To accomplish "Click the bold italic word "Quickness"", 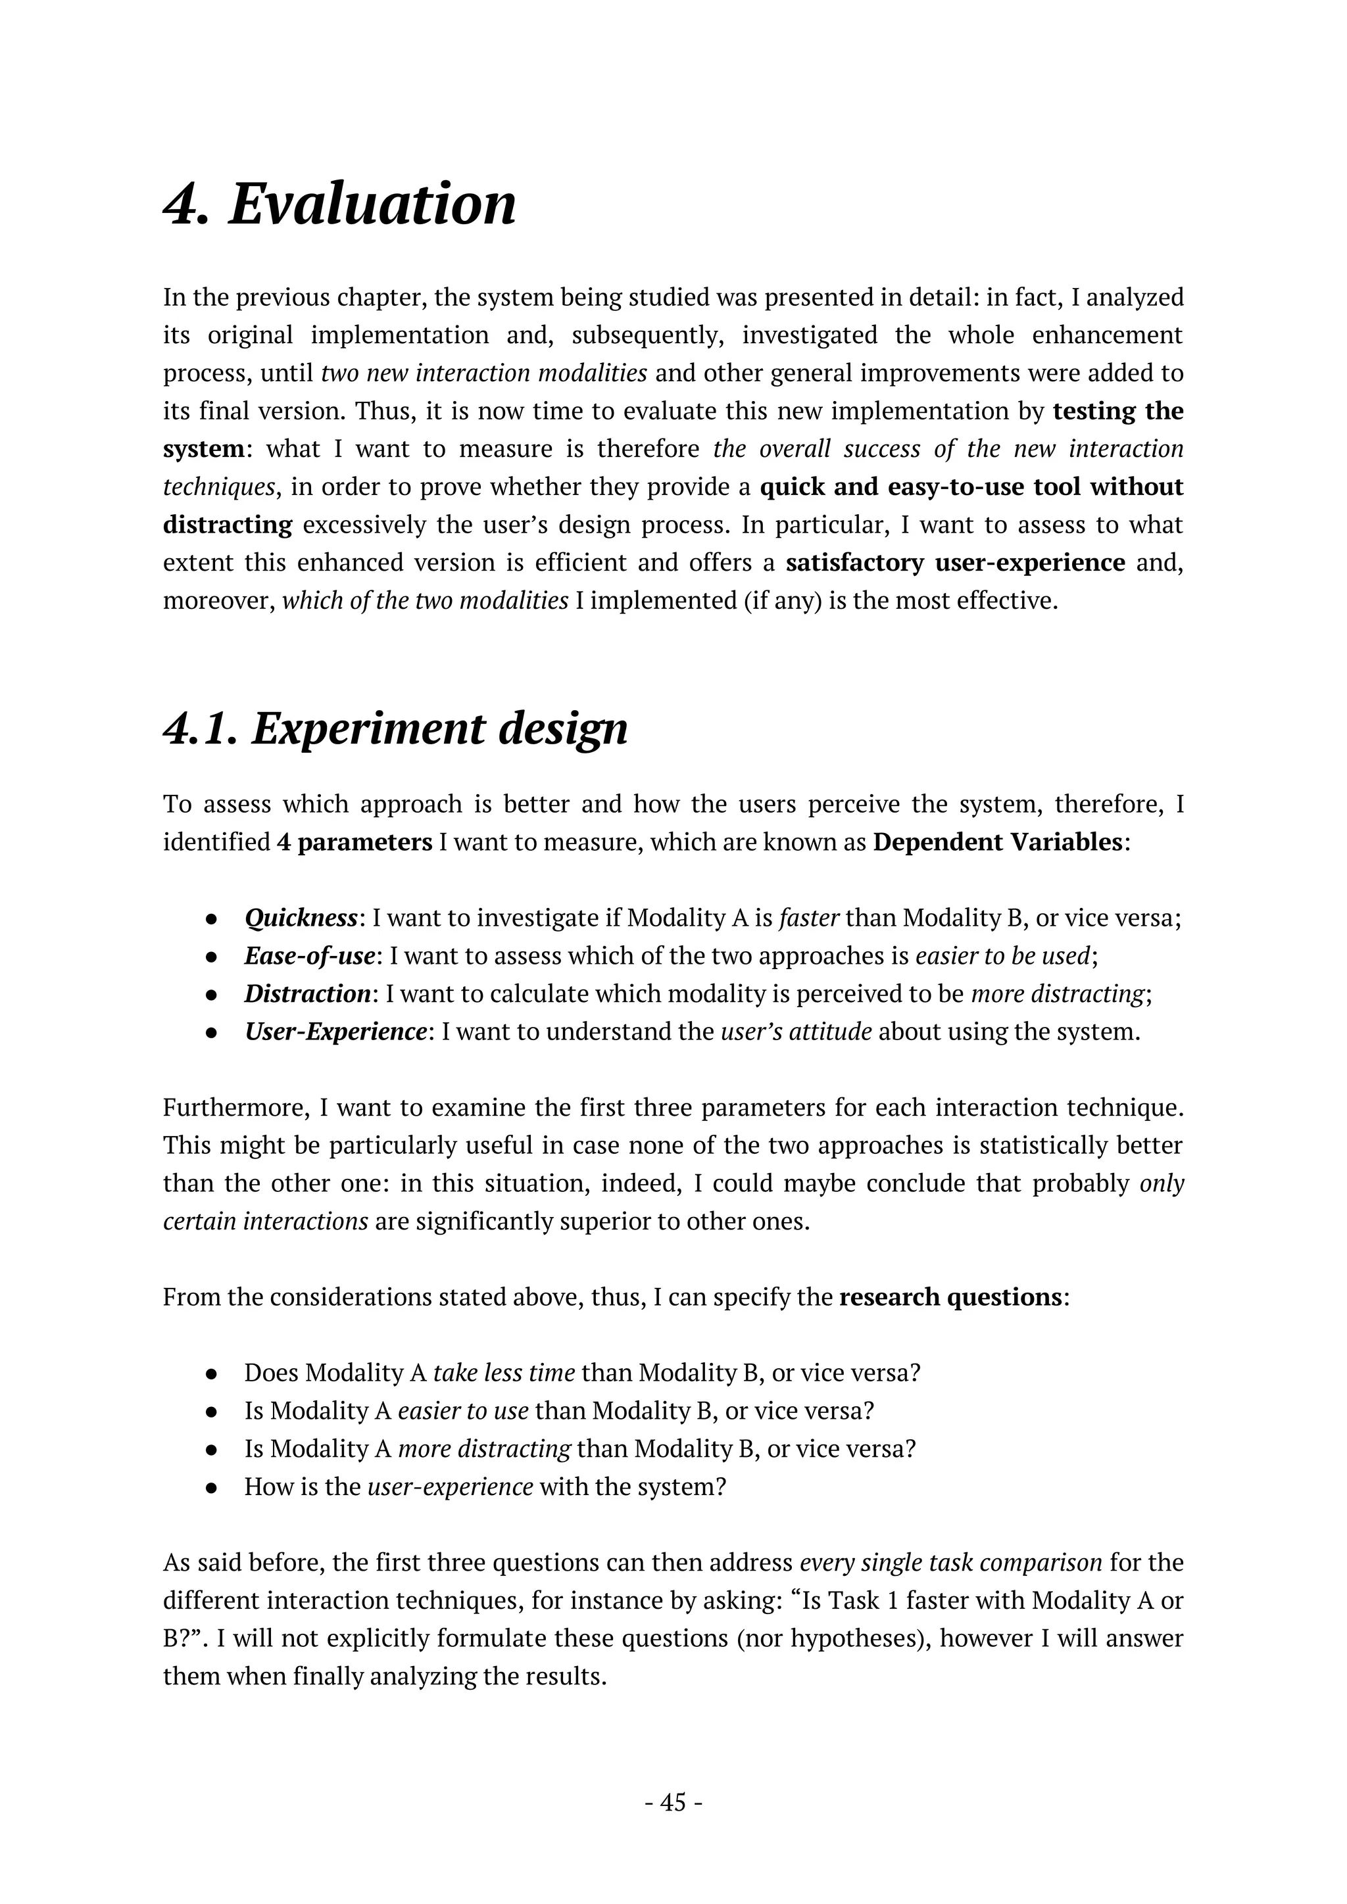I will tap(301, 919).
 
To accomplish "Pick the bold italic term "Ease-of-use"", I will tap(309, 956).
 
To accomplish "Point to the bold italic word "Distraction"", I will tap(307, 993).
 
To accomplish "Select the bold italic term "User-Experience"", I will tap(335, 1032).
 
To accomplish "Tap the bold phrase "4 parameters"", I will tap(354, 843).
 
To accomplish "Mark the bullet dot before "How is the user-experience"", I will tap(212, 1488).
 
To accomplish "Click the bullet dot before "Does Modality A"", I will tap(212, 1374).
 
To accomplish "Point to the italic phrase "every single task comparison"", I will tap(950, 1563).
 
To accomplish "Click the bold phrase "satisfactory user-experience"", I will tap(955, 563).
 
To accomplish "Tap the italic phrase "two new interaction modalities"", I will tap(483, 373).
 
